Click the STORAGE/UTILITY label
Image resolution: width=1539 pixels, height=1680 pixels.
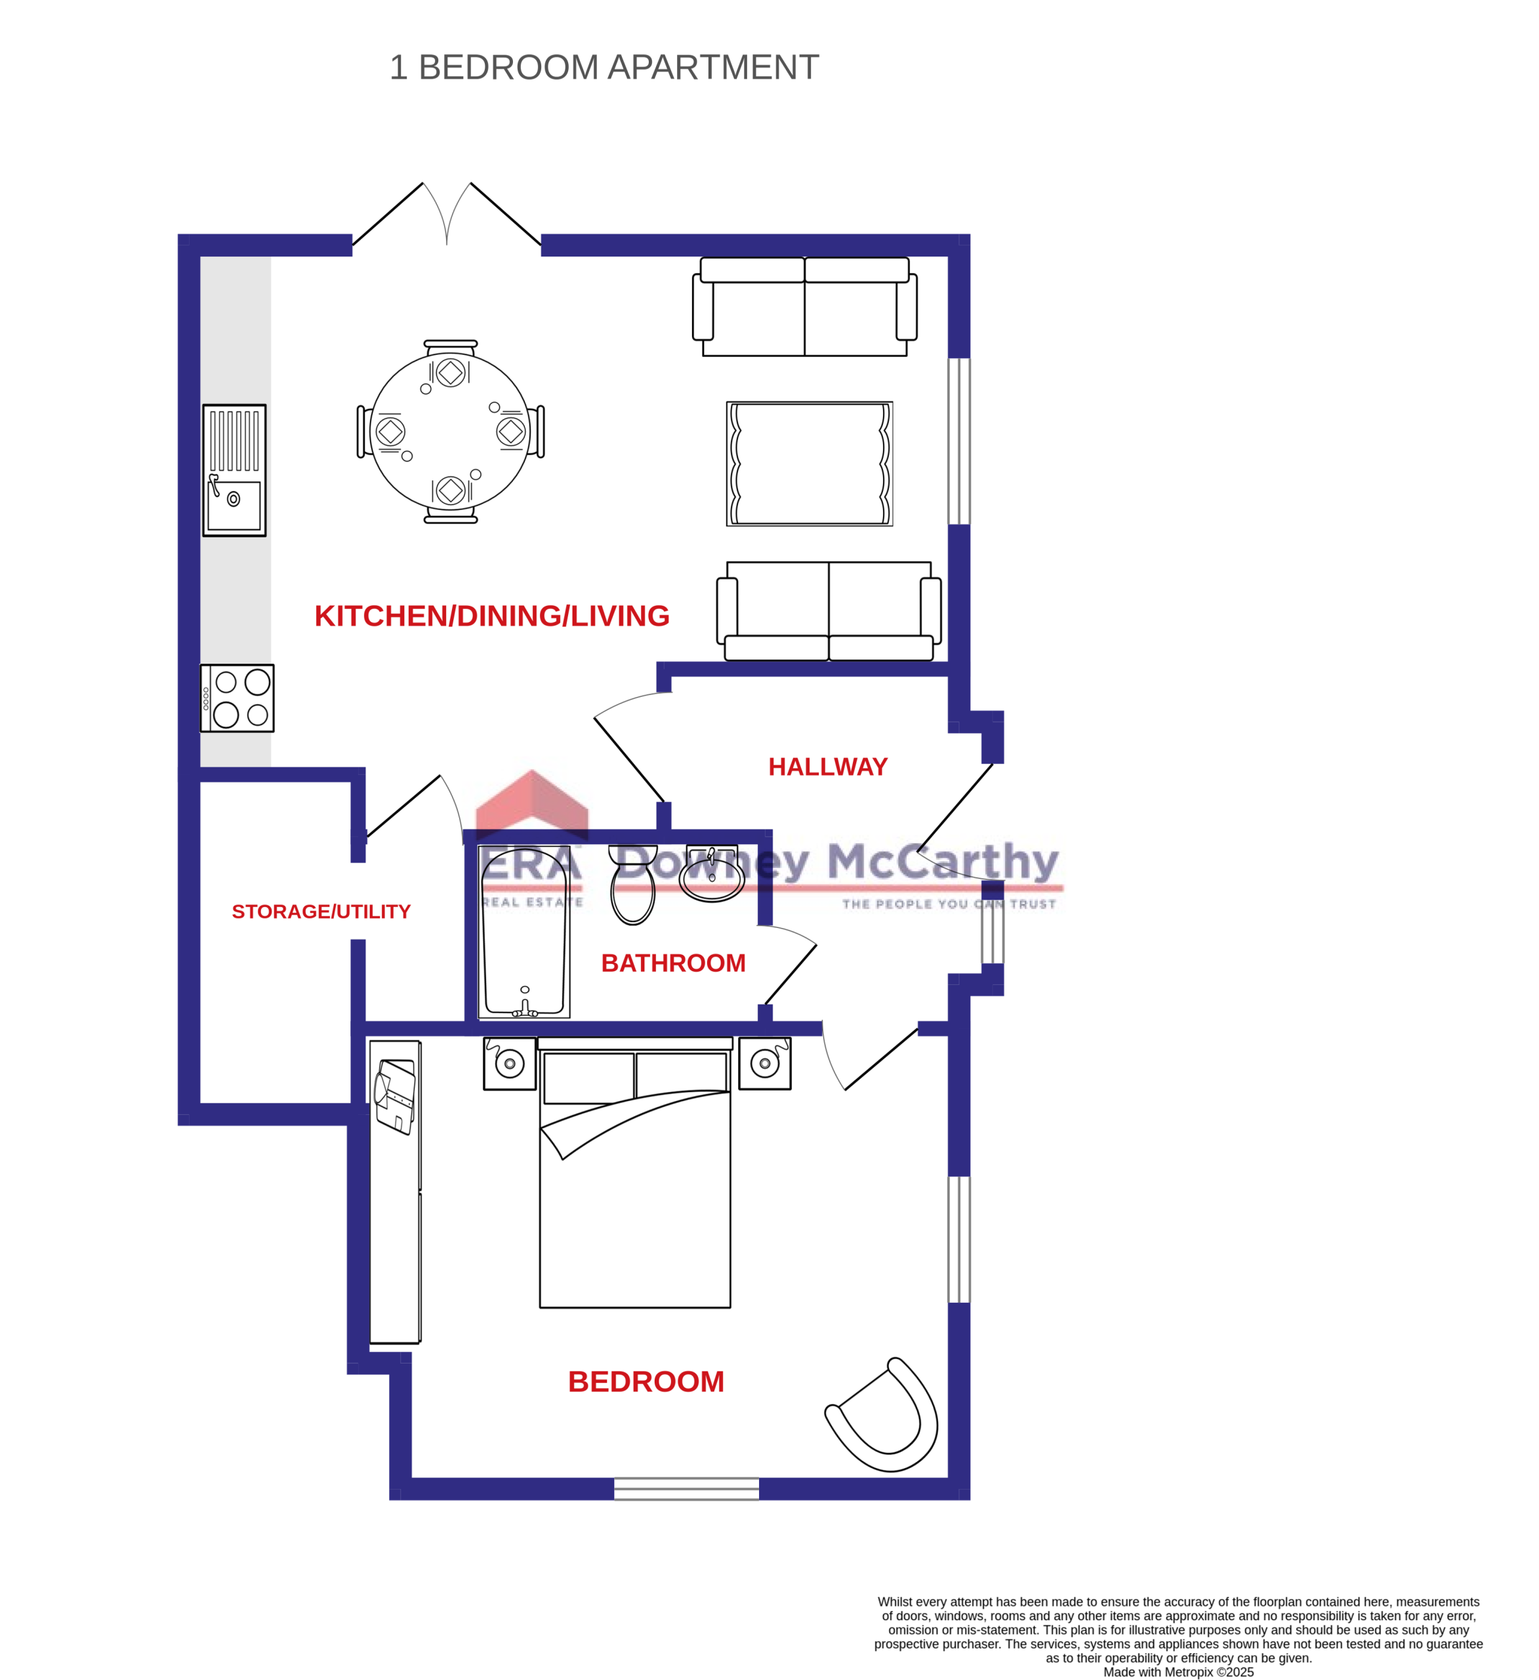point(321,912)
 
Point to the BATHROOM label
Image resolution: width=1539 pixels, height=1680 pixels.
point(673,963)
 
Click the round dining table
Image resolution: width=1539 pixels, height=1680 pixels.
point(450,432)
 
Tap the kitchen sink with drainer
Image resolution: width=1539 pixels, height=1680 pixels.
point(234,470)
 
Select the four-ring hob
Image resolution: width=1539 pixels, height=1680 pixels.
point(237,698)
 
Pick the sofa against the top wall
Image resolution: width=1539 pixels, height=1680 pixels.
point(804,306)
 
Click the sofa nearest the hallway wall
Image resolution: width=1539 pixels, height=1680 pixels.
point(829,611)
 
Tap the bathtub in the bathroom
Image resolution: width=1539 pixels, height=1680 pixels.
point(524,932)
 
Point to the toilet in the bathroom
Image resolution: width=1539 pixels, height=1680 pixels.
point(633,885)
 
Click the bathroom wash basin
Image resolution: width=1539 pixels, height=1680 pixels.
point(712,874)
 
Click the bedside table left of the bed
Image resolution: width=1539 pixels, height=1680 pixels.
point(509,1063)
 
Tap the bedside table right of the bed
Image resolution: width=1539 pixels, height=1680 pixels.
point(765,1063)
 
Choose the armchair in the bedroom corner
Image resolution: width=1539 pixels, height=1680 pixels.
point(885,1417)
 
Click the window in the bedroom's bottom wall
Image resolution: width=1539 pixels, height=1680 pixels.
point(687,1488)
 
